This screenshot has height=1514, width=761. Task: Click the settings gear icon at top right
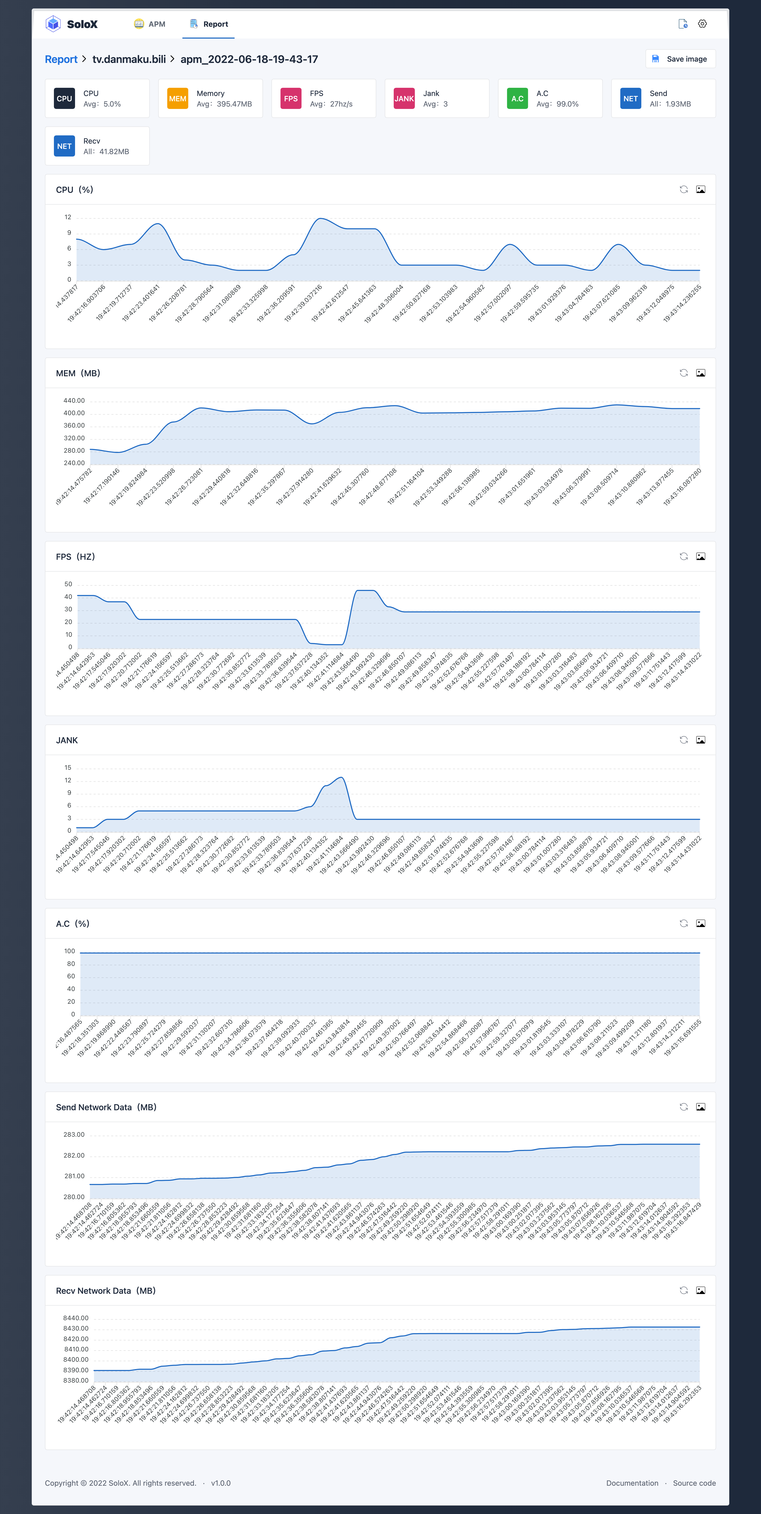click(702, 24)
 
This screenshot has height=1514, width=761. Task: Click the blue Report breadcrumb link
click(61, 59)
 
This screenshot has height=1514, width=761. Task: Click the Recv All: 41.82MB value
click(106, 152)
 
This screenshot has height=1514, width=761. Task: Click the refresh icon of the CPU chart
click(684, 189)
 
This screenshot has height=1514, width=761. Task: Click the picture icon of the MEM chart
click(700, 373)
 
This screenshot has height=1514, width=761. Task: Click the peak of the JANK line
click(341, 778)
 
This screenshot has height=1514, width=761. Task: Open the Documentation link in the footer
click(632, 1483)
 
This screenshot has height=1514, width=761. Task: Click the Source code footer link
click(694, 1483)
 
